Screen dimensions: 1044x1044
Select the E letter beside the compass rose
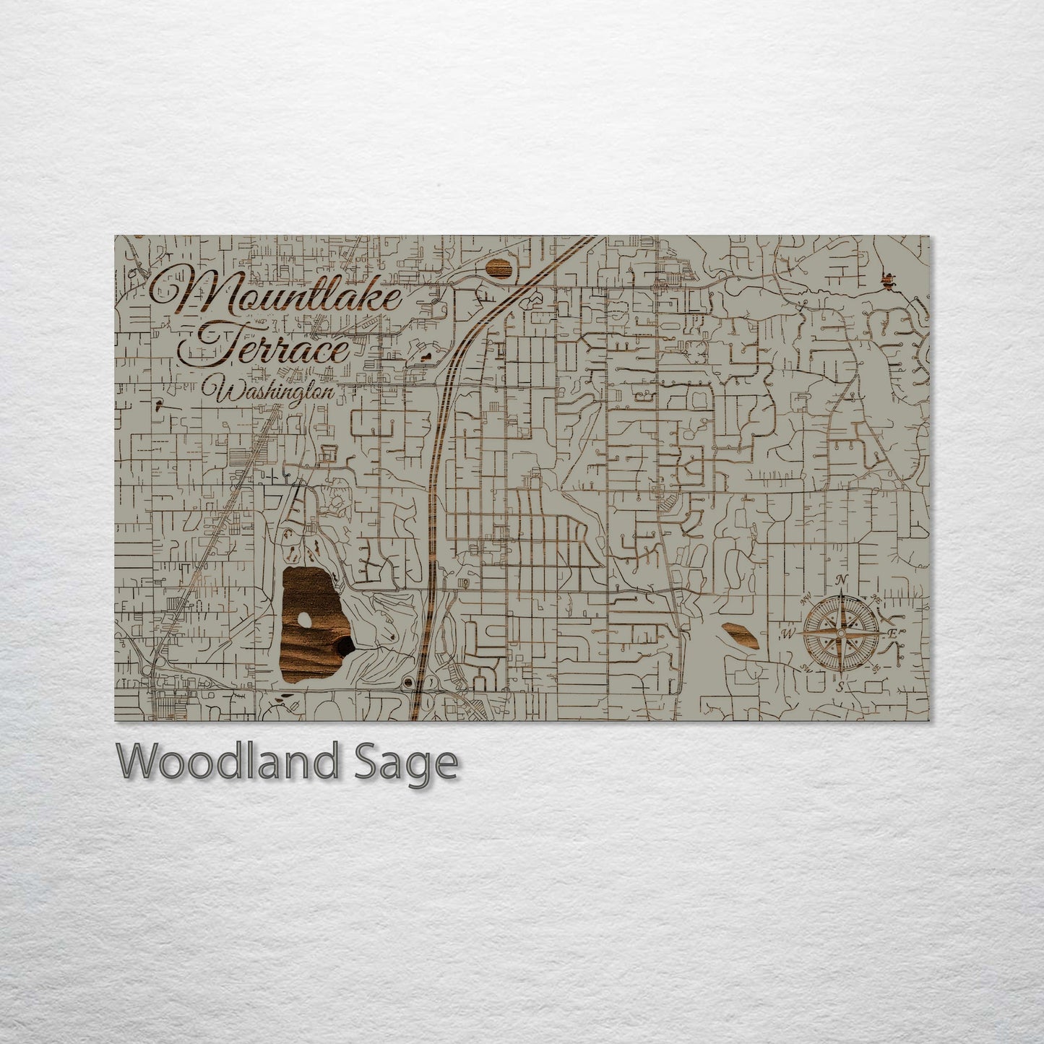click(x=892, y=634)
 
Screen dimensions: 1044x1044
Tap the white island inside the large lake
click(x=304, y=619)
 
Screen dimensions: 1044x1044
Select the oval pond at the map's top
click(x=500, y=269)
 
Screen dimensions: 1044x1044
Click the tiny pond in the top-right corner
click(x=889, y=280)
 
